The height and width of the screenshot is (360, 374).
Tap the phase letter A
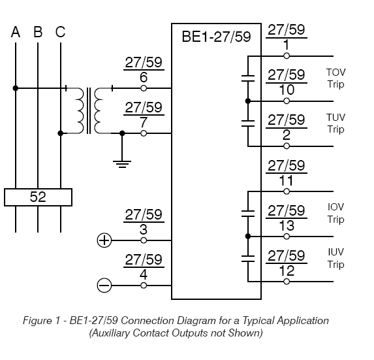[16, 32]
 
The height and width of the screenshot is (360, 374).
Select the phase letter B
[38, 32]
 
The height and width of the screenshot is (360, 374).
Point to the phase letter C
[60, 32]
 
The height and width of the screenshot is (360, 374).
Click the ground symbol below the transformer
[122, 164]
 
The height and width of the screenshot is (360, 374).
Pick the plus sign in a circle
[104, 240]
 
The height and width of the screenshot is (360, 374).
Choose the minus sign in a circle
[104, 286]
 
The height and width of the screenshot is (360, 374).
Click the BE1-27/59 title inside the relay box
[216, 37]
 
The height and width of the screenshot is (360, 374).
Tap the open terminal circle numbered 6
[144, 88]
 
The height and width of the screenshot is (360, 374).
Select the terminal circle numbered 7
[144, 133]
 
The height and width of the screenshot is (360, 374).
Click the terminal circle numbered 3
[144, 240]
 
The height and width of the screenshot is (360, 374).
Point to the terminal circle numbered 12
[287, 282]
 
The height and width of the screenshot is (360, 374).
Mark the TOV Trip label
[336, 78]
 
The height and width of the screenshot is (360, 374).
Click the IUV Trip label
[336, 258]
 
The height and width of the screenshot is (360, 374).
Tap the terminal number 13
[287, 225]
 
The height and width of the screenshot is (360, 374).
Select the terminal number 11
[287, 180]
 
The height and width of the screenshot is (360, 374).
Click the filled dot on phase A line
[16, 88]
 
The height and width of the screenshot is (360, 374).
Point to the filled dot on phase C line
[61, 133]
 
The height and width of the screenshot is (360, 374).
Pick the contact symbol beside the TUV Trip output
[248, 123]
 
